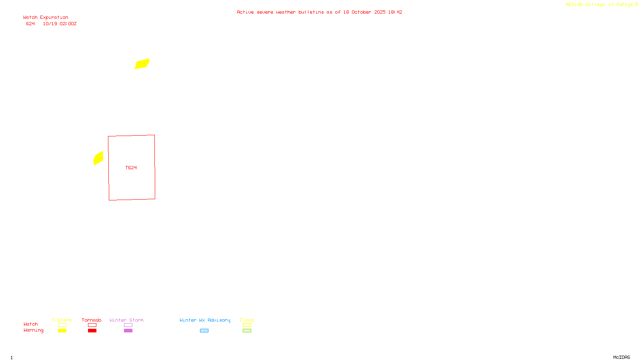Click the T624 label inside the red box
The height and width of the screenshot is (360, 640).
(131, 168)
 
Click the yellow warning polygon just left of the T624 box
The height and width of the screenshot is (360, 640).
(98, 158)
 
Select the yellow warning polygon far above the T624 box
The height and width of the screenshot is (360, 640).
(142, 64)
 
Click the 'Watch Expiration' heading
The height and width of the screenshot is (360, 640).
(46, 18)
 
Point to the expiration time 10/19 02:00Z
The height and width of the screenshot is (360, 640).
(60, 24)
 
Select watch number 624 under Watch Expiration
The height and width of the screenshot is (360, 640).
(30, 24)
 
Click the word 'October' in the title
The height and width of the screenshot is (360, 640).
(361, 12)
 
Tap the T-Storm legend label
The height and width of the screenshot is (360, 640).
(62, 320)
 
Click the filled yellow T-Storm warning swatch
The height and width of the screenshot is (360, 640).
(62, 331)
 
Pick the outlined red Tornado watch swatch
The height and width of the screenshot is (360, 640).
(92, 325)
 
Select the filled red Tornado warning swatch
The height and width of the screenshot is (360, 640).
(92, 331)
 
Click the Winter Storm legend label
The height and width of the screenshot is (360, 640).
(126, 320)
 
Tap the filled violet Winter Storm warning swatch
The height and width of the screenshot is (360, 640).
(128, 331)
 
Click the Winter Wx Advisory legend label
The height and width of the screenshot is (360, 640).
(205, 320)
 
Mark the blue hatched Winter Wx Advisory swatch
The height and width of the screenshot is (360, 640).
(204, 331)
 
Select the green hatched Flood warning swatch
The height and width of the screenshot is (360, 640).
(247, 331)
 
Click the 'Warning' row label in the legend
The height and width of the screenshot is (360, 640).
(33, 330)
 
